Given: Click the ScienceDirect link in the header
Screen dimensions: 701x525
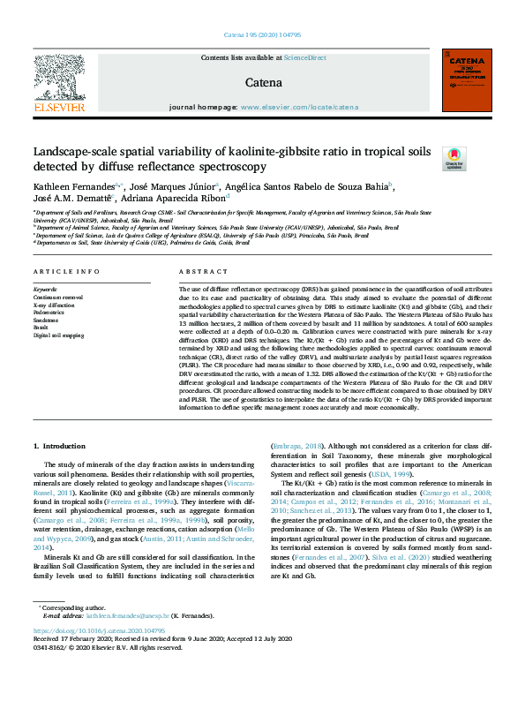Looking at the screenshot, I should click(x=304, y=57).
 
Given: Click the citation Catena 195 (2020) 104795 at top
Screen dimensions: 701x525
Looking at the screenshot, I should click(x=261, y=36).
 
